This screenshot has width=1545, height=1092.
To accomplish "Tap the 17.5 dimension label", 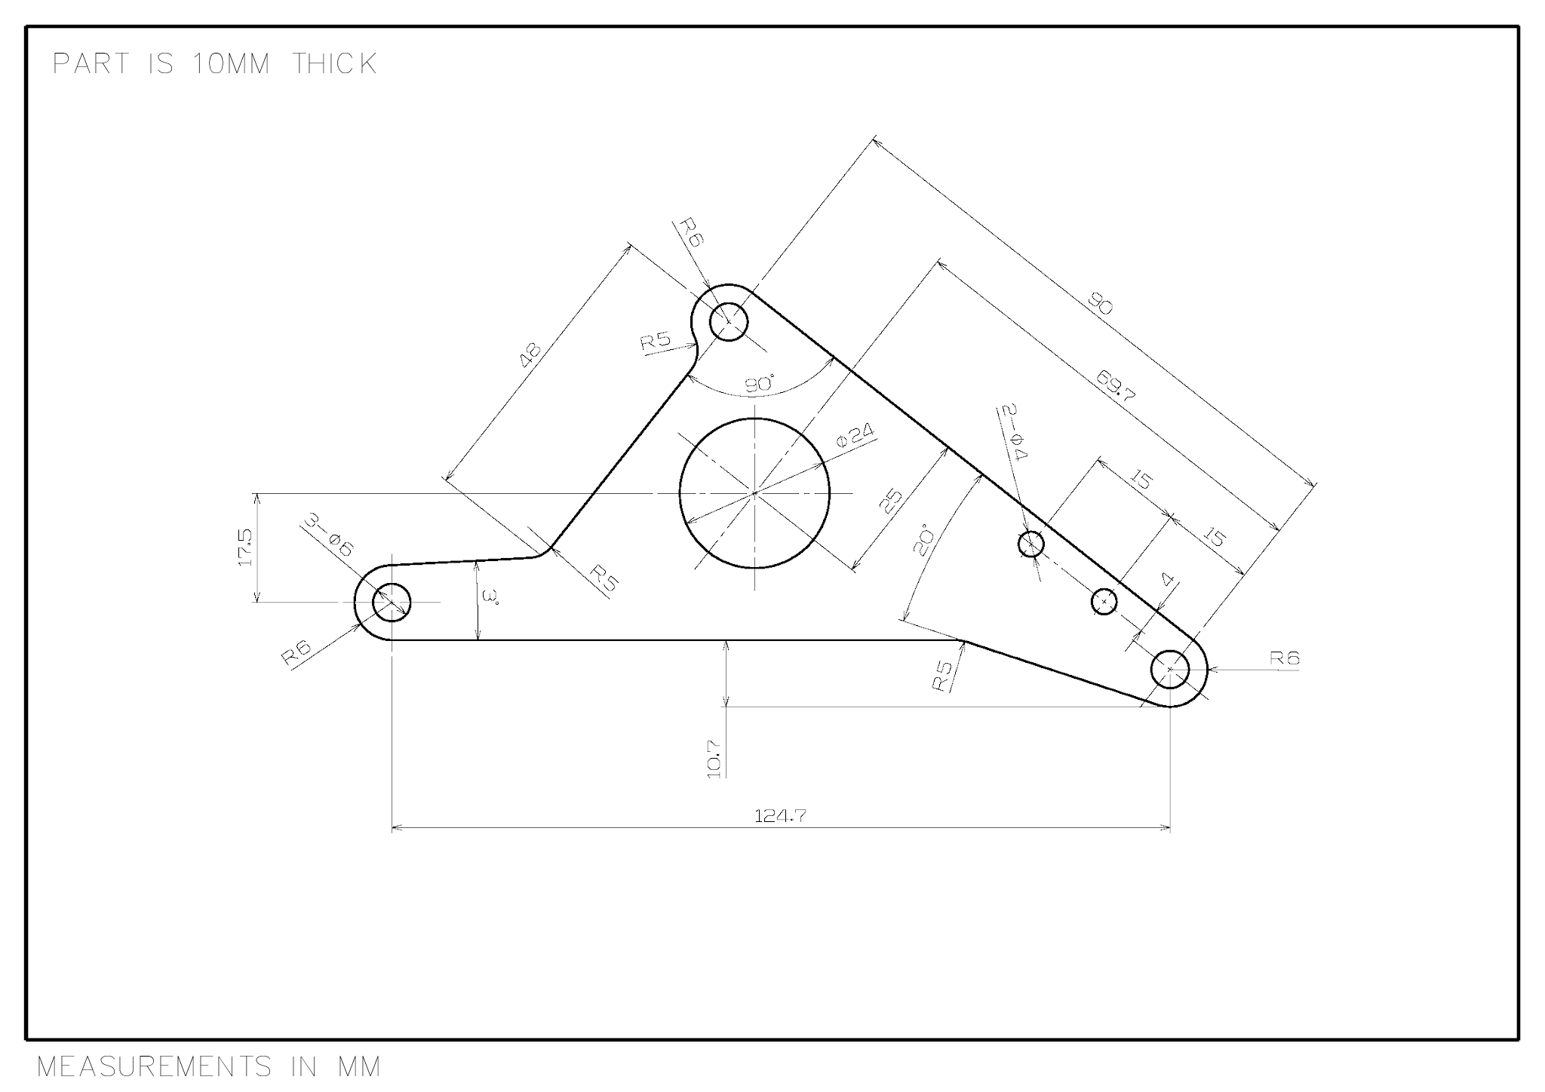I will point(246,547).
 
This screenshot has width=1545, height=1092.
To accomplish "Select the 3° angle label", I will point(491,599).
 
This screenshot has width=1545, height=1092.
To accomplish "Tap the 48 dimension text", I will point(531,354).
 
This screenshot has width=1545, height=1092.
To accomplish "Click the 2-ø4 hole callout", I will point(1012,433).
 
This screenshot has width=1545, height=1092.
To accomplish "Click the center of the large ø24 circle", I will point(754,492).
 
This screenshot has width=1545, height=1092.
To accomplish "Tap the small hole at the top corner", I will point(729,322).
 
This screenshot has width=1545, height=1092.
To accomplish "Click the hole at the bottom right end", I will point(1169,668).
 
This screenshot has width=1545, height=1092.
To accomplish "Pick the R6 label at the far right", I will point(1284,658).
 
